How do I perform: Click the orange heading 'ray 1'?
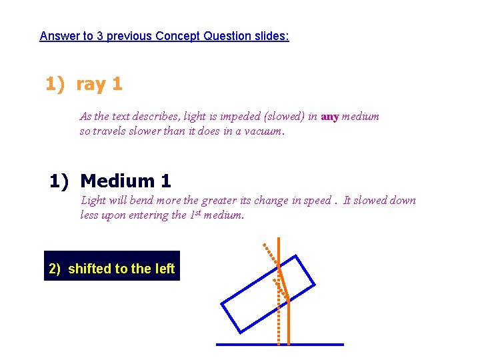pos(99,85)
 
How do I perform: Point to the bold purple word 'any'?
pos(330,117)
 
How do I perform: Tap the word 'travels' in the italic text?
pos(111,131)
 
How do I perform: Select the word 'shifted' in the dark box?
pos(89,269)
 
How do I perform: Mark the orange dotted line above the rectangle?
pos(269,253)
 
